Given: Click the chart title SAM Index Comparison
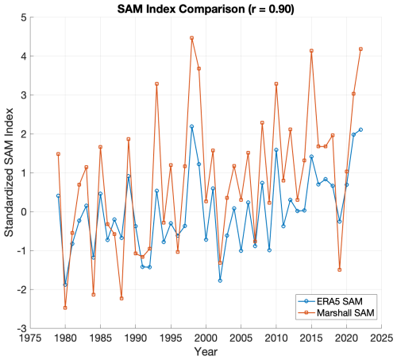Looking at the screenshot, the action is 181,9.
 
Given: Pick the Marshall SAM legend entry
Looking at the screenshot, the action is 336,313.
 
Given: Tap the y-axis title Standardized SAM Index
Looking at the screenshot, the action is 9,172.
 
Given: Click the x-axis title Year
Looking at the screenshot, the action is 206,352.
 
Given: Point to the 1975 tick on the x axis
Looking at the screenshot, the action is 30,339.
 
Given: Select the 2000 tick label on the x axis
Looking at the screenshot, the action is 206,339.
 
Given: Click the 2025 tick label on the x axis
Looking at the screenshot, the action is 381,339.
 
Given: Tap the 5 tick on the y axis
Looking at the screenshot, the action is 24,17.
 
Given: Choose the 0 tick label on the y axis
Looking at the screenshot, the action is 24,212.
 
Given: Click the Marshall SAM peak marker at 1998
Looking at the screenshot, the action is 192,38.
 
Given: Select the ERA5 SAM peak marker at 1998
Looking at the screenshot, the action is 192,126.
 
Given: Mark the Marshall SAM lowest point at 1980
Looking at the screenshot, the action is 65,308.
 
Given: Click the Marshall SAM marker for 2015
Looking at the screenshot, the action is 311,51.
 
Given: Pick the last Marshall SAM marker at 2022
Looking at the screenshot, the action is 360,49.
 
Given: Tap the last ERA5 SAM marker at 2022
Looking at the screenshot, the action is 360,130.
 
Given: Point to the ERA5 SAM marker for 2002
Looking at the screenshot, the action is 220,281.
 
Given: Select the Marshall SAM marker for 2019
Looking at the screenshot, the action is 340,269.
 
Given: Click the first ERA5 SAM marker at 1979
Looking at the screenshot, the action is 58,195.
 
